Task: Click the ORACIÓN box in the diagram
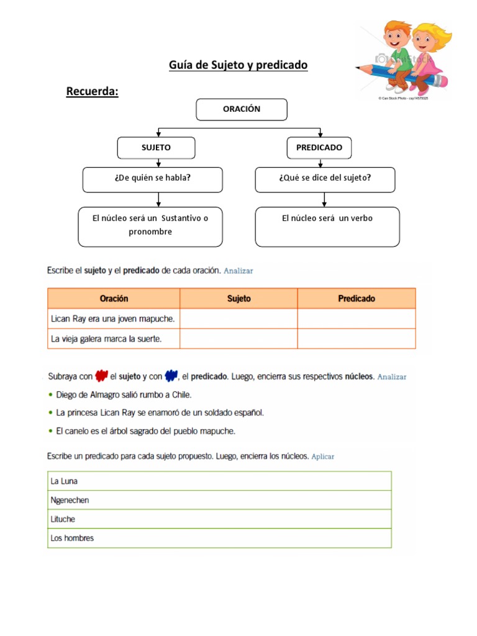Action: coord(242,109)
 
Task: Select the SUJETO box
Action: coord(156,148)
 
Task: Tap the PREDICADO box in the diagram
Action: coord(319,148)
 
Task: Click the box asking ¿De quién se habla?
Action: coord(152,179)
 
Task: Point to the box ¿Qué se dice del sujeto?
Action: coord(325,179)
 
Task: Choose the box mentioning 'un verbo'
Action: coord(327,226)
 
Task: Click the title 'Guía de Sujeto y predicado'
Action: coord(238,65)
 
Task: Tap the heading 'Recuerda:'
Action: coord(92,92)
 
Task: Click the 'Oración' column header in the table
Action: coord(114,299)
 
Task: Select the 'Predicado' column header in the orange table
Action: coord(357,299)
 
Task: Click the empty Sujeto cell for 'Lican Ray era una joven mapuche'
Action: coord(238,319)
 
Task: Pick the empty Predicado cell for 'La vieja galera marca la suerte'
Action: coord(357,338)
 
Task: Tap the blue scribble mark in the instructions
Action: coord(171,376)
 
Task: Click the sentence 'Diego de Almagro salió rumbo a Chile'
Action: coord(124,394)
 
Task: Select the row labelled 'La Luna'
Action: coord(219,481)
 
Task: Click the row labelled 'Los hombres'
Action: coord(219,538)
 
